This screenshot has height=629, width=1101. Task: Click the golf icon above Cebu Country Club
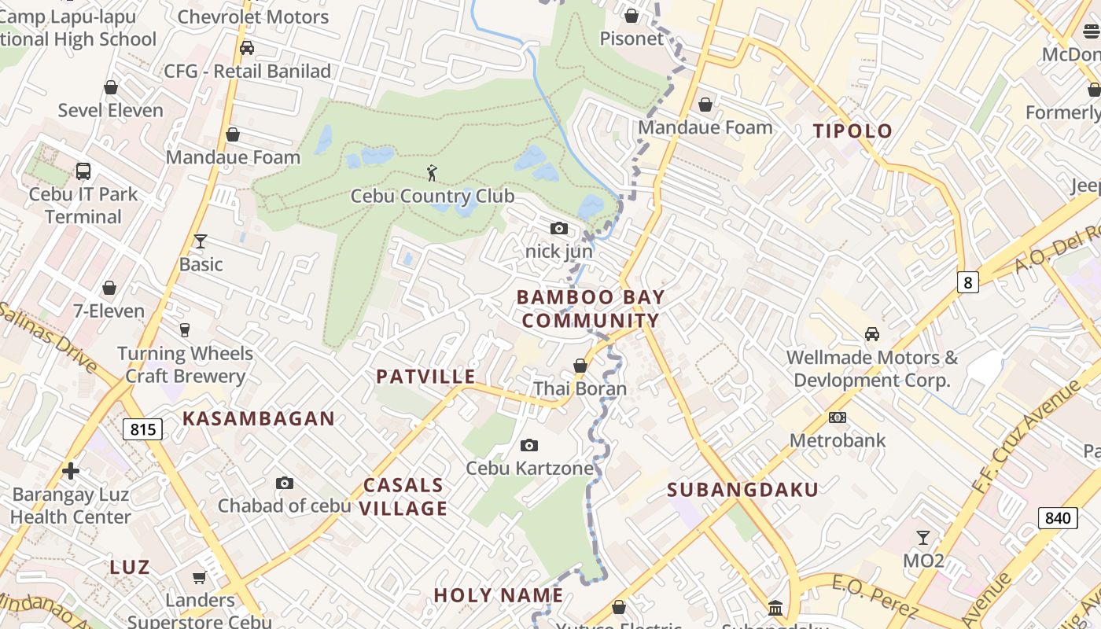click(x=432, y=172)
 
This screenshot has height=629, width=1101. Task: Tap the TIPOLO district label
click(x=853, y=131)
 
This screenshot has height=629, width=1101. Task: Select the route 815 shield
click(x=142, y=429)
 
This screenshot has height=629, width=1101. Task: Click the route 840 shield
click(x=1058, y=518)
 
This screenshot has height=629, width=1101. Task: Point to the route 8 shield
click(x=967, y=282)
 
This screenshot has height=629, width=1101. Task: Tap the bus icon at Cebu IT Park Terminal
click(x=83, y=171)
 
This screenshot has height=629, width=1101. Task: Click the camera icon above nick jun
click(x=559, y=229)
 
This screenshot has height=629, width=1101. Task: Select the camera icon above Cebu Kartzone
click(x=529, y=446)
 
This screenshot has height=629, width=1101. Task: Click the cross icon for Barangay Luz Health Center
click(x=71, y=471)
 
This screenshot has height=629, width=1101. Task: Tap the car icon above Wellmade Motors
click(x=872, y=334)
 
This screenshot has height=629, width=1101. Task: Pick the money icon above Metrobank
click(x=838, y=417)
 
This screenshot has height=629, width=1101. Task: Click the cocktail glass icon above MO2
click(x=923, y=538)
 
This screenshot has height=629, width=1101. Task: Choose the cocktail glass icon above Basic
click(x=201, y=241)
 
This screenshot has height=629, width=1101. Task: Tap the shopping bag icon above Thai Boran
click(x=580, y=366)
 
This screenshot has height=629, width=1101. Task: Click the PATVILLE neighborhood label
click(x=425, y=377)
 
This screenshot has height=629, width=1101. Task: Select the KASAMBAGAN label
click(x=259, y=419)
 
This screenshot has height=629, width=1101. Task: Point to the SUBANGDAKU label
click(x=742, y=490)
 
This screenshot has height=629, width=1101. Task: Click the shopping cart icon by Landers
click(x=200, y=577)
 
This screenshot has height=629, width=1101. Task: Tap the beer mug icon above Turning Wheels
click(x=185, y=330)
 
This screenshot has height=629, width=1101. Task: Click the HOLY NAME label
click(x=499, y=595)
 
